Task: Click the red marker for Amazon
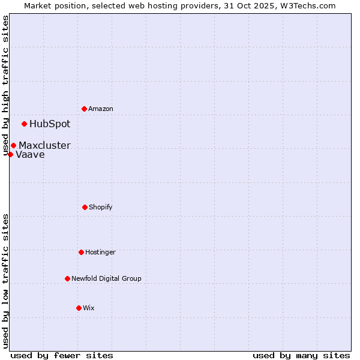tap(84, 109)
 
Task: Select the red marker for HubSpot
tap(24, 124)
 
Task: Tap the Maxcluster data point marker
tap(13, 145)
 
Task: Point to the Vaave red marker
tap(10, 154)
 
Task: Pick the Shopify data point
tap(85, 207)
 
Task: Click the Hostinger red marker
tap(81, 252)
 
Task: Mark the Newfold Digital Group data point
tap(67, 278)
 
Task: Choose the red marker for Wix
tap(79, 308)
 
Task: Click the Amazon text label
tap(101, 109)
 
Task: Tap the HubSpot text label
tap(50, 124)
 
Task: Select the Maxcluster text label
tap(44, 145)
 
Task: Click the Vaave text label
tap(30, 154)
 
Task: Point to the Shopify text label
tap(101, 207)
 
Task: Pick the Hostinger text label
tap(100, 252)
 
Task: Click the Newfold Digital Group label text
tap(106, 278)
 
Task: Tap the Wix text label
tap(89, 308)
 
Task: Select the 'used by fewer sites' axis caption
tap(62, 355)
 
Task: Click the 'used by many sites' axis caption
tap(301, 355)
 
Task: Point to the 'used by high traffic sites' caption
tap(5, 86)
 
